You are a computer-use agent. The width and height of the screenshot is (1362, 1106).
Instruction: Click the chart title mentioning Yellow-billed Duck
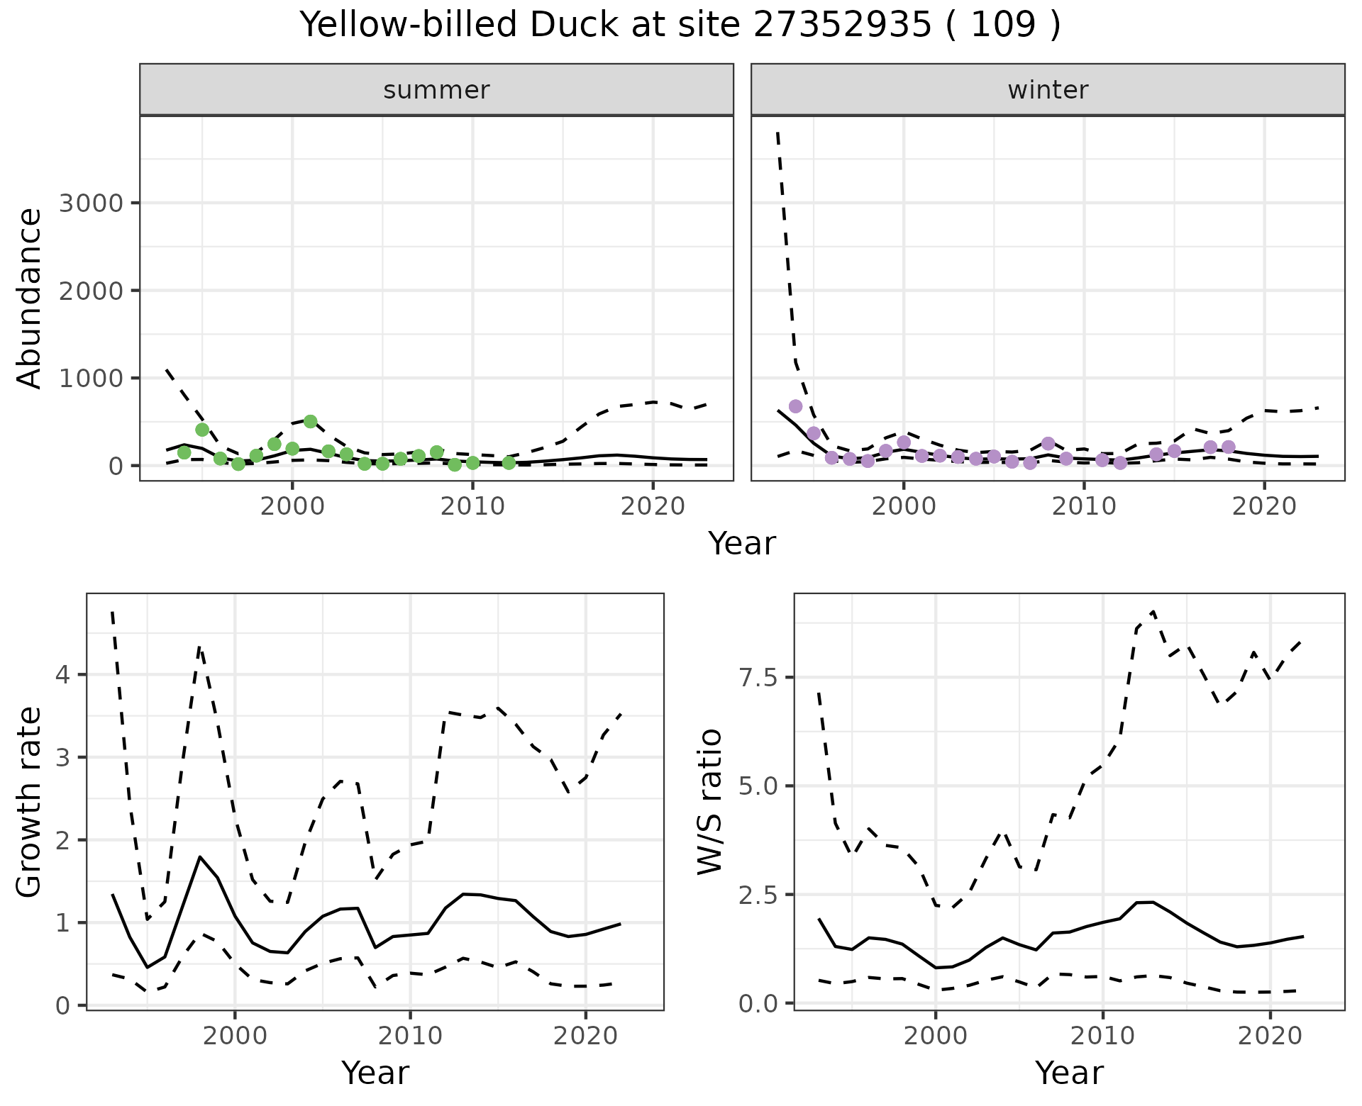(x=680, y=26)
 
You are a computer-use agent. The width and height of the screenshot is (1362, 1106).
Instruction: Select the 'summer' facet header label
(x=436, y=90)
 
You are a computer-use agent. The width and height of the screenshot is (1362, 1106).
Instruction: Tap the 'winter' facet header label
(x=1048, y=90)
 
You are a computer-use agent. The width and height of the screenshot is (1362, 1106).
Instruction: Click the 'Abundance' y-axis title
(x=30, y=298)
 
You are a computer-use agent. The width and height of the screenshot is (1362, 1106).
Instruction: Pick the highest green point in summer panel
(x=310, y=421)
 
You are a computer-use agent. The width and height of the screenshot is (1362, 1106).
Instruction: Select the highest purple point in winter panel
(x=795, y=406)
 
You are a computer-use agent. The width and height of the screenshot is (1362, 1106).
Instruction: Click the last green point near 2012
(x=509, y=463)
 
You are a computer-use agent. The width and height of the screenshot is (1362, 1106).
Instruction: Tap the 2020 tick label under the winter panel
(x=1263, y=506)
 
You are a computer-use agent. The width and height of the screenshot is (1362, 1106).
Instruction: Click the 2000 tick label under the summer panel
(x=292, y=506)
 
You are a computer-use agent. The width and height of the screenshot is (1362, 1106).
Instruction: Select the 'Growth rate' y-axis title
(x=30, y=802)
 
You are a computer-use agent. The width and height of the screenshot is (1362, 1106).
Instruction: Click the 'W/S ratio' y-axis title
(x=709, y=802)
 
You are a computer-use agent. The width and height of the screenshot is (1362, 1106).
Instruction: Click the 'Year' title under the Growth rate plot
(x=375, y=1073)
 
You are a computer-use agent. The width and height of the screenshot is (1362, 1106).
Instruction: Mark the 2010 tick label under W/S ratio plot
(x=1102, y=1036)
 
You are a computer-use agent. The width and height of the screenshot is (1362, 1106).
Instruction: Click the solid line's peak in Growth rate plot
(x=200, y=857)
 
